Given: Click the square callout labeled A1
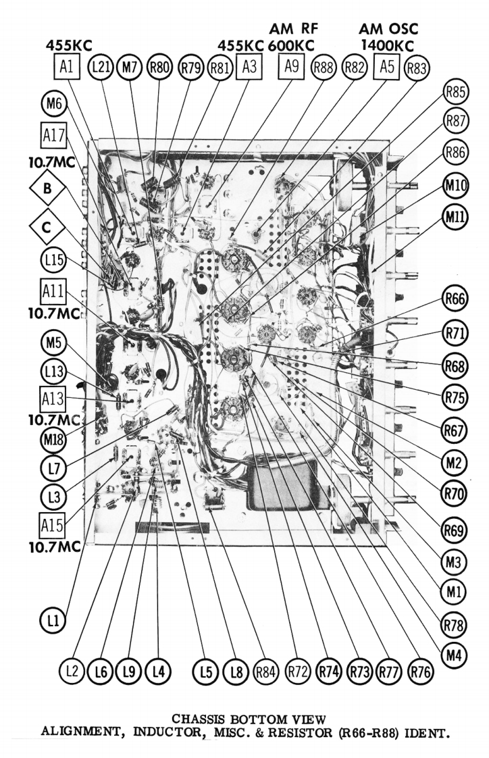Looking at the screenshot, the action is tap(66, 67).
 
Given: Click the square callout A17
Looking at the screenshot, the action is tap(53, 134).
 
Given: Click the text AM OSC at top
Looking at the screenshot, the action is tap(389, 28).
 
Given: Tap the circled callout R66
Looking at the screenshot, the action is tap(455, 297).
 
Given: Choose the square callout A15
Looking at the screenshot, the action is tap(52, 524).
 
